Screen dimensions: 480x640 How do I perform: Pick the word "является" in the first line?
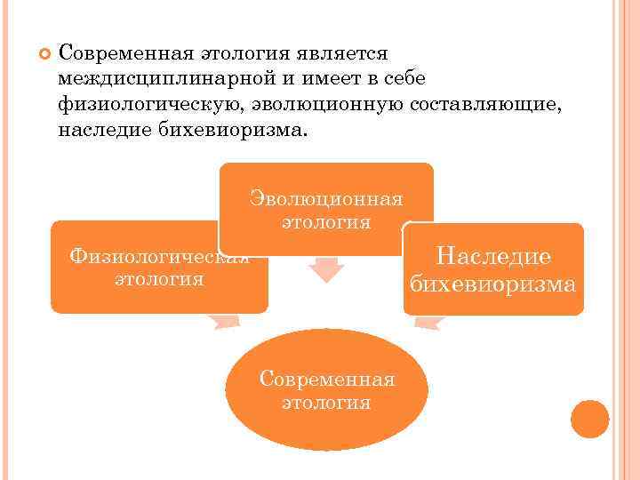click(341, 55)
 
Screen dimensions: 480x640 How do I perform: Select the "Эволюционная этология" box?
click(326, 207)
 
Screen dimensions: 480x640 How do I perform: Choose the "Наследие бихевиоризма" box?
click(493, 269)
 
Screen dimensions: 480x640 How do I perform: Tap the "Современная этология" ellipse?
click(326, 389)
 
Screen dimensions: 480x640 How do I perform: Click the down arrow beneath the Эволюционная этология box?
click(326, 268)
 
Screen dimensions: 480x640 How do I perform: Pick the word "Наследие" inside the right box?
click(493, 256)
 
